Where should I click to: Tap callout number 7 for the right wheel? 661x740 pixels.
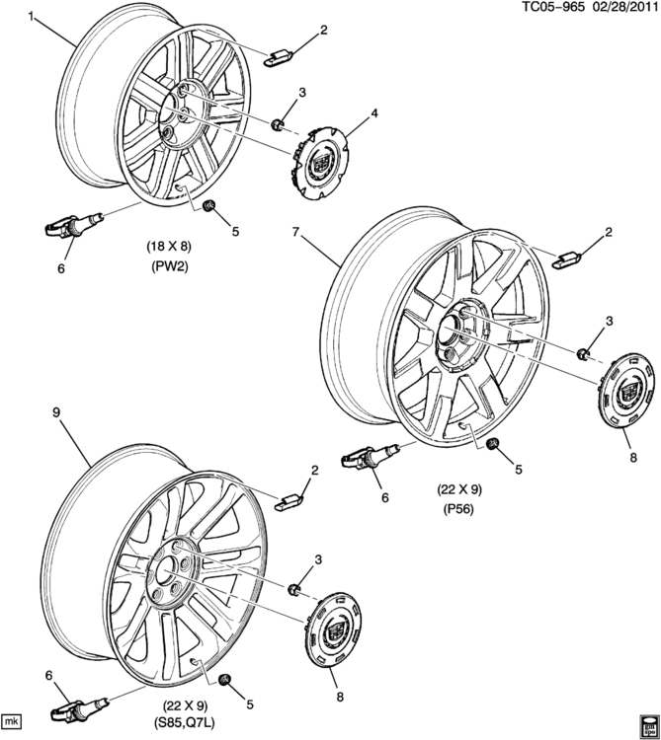point(294,232)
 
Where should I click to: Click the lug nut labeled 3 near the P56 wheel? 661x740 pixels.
point(584,353)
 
